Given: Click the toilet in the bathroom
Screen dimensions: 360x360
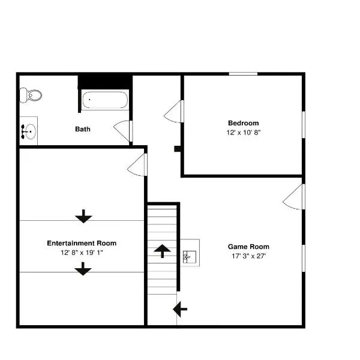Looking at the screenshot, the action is point(31,95).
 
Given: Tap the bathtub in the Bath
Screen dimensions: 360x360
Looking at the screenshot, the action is point(105,100).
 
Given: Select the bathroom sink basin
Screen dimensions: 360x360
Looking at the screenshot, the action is point(30,131).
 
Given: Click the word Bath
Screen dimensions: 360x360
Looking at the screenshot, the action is point(83,129).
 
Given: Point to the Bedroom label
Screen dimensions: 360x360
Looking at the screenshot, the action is point(244,123).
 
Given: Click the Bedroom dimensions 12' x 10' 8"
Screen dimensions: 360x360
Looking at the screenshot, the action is point(244,133).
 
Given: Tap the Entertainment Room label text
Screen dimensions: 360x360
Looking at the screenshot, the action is point(82,243).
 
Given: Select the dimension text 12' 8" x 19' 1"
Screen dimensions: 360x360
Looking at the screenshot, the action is point(82,253).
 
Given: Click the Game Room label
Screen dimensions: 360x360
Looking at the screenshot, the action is point(248,247).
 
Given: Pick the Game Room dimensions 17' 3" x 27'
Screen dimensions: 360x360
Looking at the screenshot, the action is point(248,256).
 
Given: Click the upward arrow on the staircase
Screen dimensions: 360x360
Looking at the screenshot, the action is point(163,251).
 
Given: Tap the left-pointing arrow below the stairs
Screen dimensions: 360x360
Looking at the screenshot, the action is point(180,309).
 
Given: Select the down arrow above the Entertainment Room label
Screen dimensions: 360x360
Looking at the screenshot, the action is point(83,216).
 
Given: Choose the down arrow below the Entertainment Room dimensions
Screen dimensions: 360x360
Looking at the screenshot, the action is point(83,269).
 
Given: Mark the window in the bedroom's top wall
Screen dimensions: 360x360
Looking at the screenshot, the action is point(243,74).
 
